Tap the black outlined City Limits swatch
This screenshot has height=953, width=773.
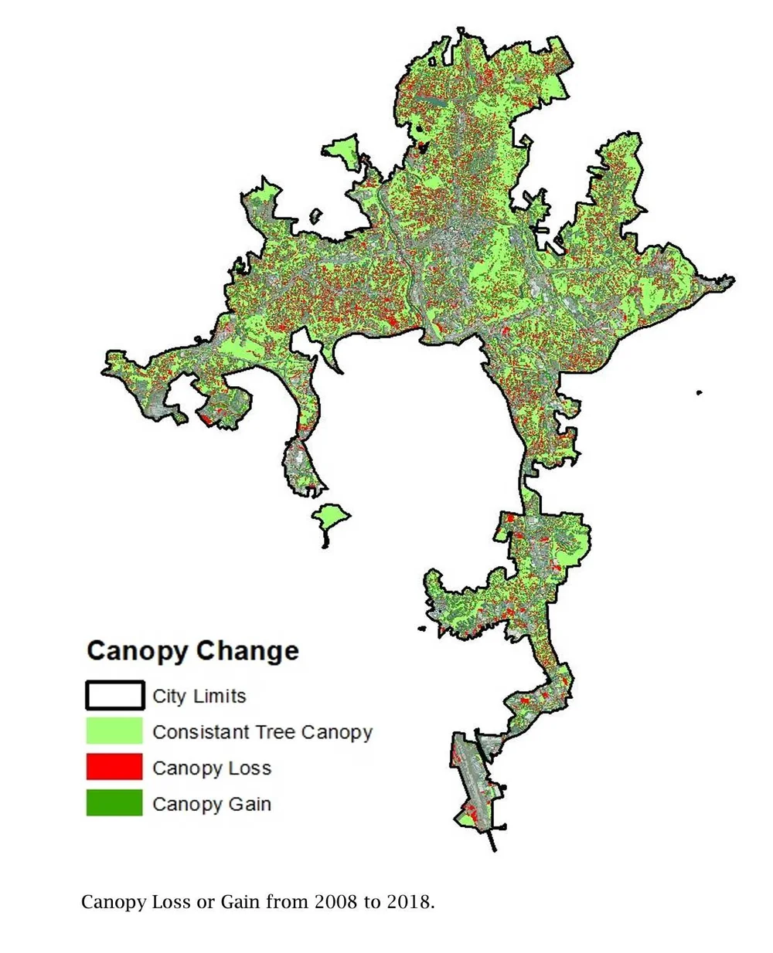(x=114, y=695)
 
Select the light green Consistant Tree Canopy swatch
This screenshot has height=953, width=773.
(x=114, y=731)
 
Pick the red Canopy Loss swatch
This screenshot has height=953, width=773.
(x=114, y=768)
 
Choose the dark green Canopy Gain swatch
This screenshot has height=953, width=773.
(x=114, y=803)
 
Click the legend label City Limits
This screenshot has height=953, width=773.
(x=199, y=696)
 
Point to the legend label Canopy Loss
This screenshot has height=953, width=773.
(x=212, y=768)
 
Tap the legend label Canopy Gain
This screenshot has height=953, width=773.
(x=212, y=804)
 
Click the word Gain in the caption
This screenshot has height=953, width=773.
(x=241, y=901)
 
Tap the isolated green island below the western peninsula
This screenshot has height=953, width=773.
(x=330, y=517)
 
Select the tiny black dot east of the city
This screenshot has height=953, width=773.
(x=699, y=392)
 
